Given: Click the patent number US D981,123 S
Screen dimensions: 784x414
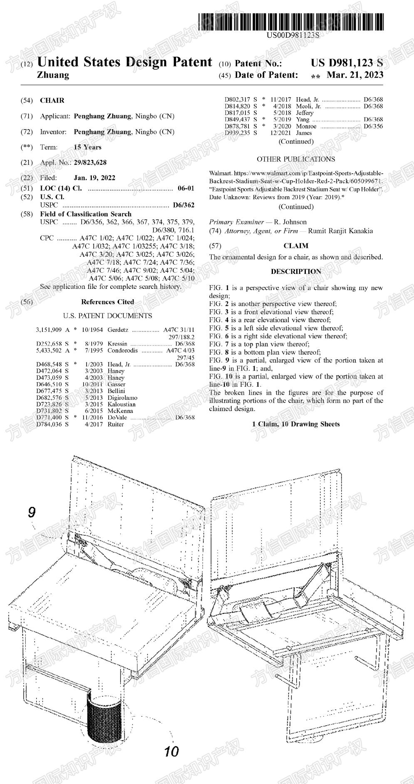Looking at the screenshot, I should pyautogui.click(x=347, y=63).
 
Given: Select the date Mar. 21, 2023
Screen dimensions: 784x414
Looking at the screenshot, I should pyautogui.click(x=355, y=75).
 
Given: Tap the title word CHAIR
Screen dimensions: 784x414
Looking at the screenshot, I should pyautogui.click(x=52, y=100).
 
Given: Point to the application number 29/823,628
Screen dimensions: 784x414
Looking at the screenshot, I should pyautogui.click(x=90, y=163).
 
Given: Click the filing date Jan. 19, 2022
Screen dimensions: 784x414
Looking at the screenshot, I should pyautogui.click(x=94, y=178).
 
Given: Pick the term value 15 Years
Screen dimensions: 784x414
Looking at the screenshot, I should pyautogui.click(x=87, y=147).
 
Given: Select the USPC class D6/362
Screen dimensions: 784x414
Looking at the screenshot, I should pyautogui.click(x=183, y=205).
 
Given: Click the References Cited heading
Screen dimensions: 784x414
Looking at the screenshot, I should pyautogui.click(x=107, y=302).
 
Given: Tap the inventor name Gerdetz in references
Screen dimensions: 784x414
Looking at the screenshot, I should pyautogui.click(x=118, y=330).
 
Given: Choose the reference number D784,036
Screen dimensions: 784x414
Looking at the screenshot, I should pyautogui.click(x=49, y=424).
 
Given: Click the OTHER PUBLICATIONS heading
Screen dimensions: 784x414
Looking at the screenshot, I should pyautogui.click(x=295, y=159).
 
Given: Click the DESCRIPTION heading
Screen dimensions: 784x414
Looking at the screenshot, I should pyautogui.click(x=296, y=271).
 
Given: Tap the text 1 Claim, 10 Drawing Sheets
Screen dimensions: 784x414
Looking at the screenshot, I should pyautogui.click(x=296, y=424).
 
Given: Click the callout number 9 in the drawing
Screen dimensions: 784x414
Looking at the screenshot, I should pyautogui.click(x=32, y=512).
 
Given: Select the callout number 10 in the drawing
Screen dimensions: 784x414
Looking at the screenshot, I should pyautogui.click(x=171, y=751).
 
